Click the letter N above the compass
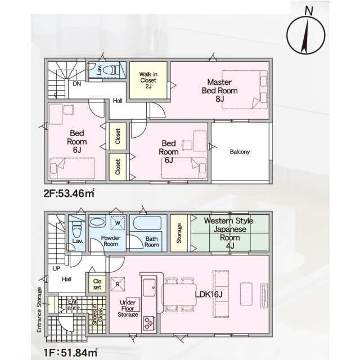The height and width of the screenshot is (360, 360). (x=309, y=11)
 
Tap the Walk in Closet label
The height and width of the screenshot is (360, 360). (x=148, y=80)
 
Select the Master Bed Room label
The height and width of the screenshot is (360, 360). (x=220, y=90)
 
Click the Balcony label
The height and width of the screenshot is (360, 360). (x=240, y=151)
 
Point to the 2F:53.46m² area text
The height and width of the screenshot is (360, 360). (x=69, y=193)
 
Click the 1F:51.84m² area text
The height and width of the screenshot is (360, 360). (x=70, y=353)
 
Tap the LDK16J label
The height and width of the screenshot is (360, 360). (x=209, y=294)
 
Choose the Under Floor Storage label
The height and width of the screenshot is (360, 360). (x=128, y=308)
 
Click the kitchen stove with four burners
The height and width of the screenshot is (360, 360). (x=148, y=323)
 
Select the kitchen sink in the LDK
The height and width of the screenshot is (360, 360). (x=149, y=287)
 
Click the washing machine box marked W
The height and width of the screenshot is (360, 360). (x=118, y=223)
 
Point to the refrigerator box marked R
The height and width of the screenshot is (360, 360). (x=118, y=284)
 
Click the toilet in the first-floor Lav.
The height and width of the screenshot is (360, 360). (x=76, y=229)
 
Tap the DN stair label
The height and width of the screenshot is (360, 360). (x=77, y=84)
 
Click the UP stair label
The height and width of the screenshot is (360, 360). (x=56, y=268)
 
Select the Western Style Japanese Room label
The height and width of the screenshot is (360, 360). (x=229, y=233)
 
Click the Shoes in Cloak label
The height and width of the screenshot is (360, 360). (x=97, y=314)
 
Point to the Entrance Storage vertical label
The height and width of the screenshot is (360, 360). (x=39, y=310)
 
